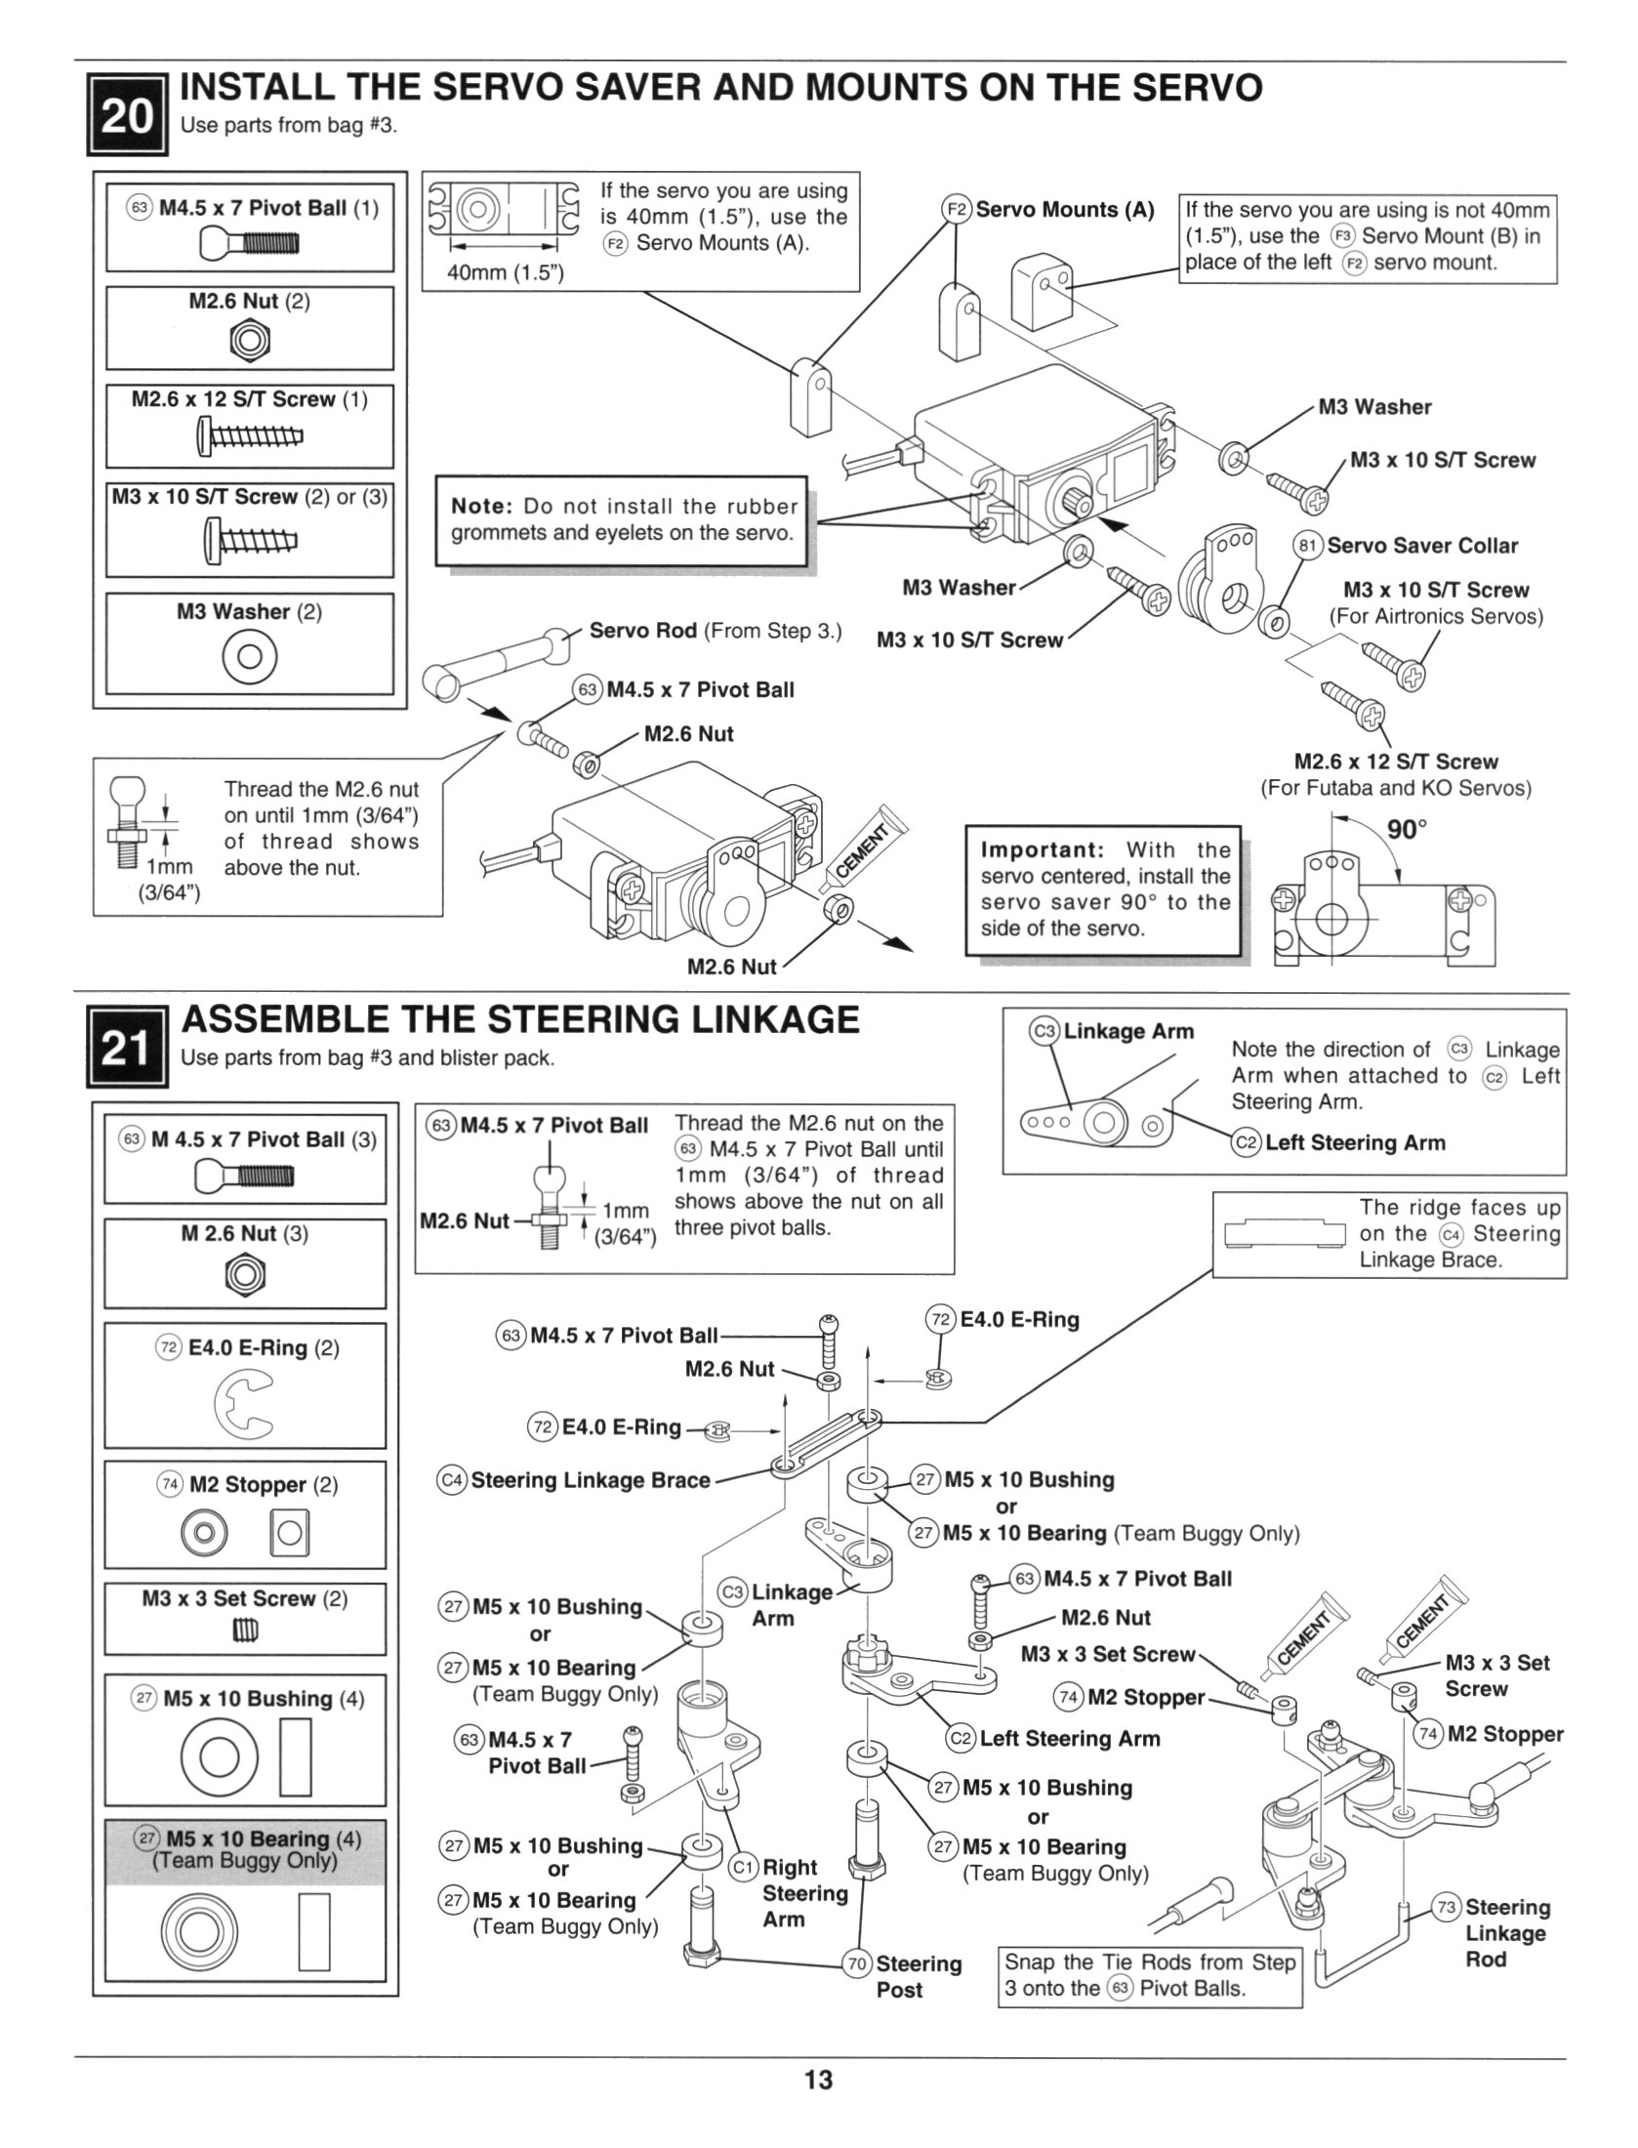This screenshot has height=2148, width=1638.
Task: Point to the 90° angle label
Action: (1407, 830)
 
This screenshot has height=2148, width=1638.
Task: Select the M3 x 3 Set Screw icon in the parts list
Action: (245, 1631)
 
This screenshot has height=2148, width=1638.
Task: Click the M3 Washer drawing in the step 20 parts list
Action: (250, 656)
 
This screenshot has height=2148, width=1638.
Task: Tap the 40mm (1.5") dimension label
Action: (505, 272)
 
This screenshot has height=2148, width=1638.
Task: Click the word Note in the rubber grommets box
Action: (481, 506)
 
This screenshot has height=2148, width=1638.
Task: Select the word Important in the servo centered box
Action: (1042, 849)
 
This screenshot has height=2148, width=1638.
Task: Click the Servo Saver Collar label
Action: (1421, 546)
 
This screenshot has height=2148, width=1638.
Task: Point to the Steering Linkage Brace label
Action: (590, 1480)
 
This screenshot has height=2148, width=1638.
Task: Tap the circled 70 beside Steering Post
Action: (858, 1963)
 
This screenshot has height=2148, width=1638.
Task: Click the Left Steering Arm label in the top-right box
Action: (1355, 1142)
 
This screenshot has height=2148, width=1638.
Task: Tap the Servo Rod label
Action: (642, 630)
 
